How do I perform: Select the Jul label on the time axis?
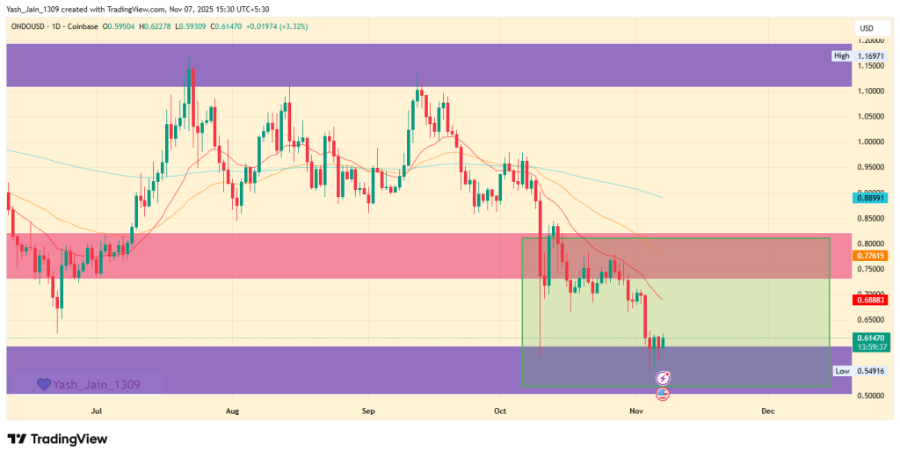(x=98, y=411)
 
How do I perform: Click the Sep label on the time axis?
(x=368, y=411)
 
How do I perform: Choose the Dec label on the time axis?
(x=767, y=411)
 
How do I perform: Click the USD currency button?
(x=867, y=29)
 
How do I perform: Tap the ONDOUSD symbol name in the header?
(x=30, y=28)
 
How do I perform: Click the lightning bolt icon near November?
(x=664, y=377)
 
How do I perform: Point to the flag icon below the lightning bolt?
(x=664, y=393)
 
